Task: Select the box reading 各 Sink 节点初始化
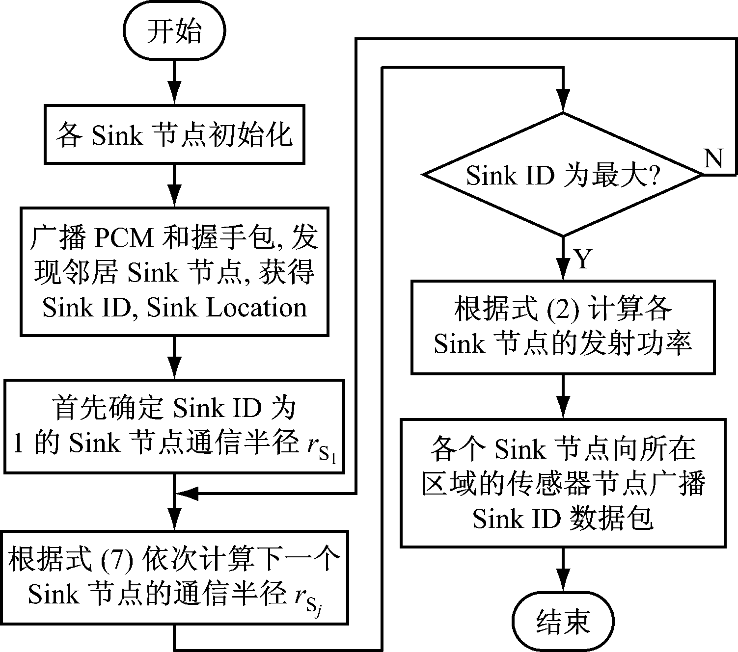tap(174, 134)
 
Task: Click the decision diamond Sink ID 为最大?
tap(563, 175)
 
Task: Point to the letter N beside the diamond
tap(714, 158)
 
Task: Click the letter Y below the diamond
tap(583, 259)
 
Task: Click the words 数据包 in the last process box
tap(611, 518)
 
